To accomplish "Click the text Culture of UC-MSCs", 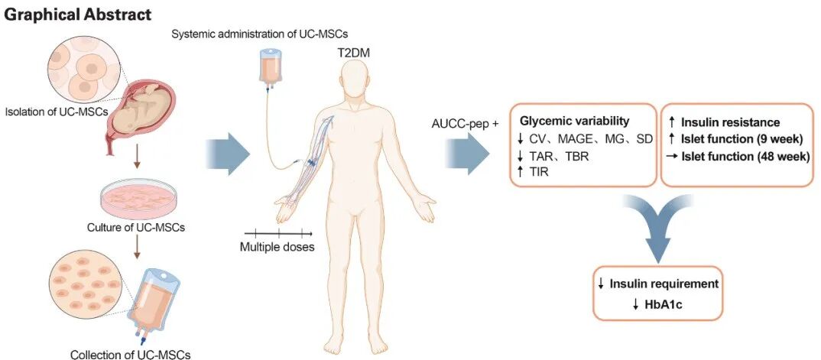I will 133,228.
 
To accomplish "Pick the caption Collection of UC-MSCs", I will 130,353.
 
